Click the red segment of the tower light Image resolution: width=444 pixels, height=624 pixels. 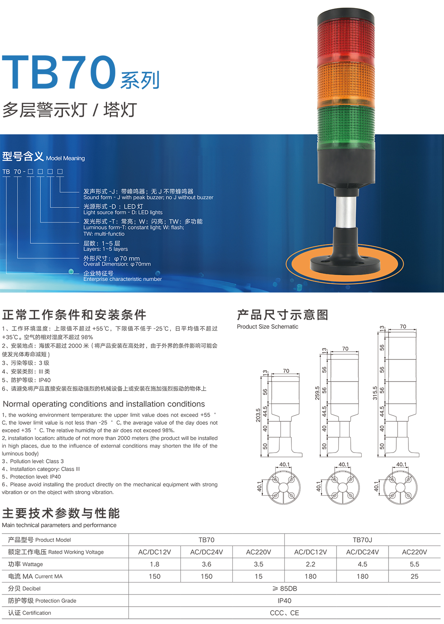pyautogui.click(x=346, y=41)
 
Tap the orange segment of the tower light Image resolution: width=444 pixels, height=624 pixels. pyautogui.click(x=346, y=85)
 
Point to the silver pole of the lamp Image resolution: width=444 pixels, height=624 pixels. pyautogui.click(x=346, y=211)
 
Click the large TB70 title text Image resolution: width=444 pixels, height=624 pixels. pyautogui.click(x=59, y=72)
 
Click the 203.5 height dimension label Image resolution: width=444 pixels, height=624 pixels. pyautogui.click(x=258, y=415)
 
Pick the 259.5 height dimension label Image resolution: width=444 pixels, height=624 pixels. pyautogui.click(x=317, y=393)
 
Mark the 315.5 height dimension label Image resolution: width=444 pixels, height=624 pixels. pyautogui.click(x=375, y=393)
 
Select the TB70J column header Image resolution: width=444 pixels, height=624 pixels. pyautogui.click(x=362, y=540)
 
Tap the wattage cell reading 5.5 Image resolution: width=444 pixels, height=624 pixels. pyautogui.click(x=415, y=564)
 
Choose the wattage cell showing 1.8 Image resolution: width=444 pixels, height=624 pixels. pyautogui.click(x=154, y=564)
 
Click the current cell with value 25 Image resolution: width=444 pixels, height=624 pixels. pyautogui.click(x=415, y=576)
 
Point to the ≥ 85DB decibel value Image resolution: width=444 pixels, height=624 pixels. pyautogui.click(x=284, y=588)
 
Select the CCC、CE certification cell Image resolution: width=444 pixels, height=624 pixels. pyautogui.click(x=284, y=613)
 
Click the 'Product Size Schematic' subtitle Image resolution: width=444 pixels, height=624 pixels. pyautogui.click(x=268, y=327)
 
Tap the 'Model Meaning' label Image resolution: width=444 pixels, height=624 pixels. pyautogui.click(x=65, y=158)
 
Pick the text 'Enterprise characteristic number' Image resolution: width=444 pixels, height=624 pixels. pyautogui.click(x=122, y=279)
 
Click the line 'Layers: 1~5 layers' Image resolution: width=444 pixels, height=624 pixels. pyautogui.click(x=105, y=249)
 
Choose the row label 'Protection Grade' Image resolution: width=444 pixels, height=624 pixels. pyautogui.click(x=56, y=601)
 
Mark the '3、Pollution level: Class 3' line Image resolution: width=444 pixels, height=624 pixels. pyautogui.click(x=33, y=461)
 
